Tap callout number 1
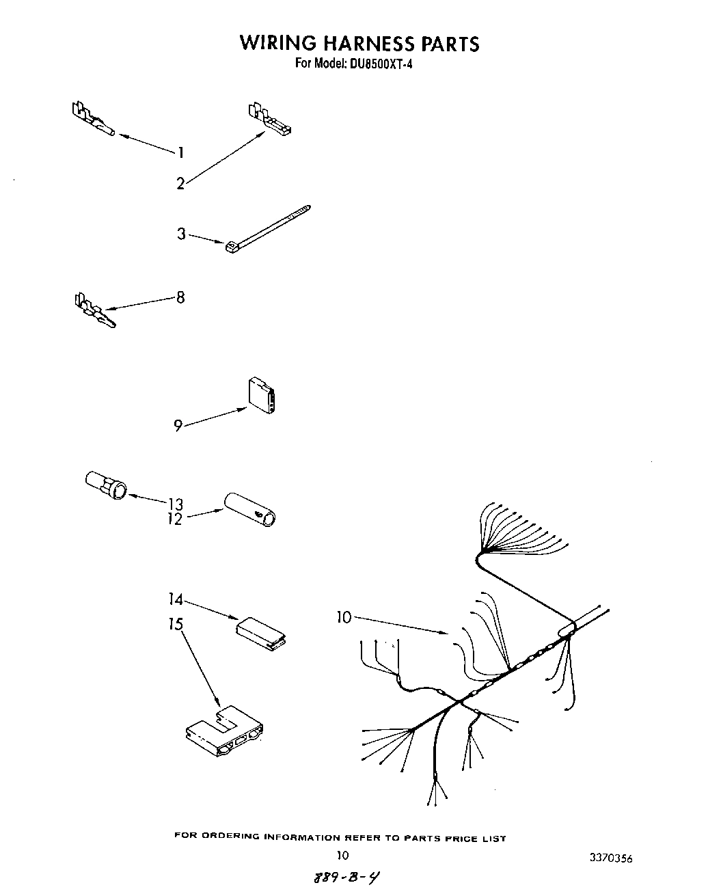[180, 152]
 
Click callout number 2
[180, 183]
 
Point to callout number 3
[181, 234]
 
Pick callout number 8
[180, 297]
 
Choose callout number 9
[178, 426]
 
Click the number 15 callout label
[176, 624]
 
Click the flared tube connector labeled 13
[106, 484]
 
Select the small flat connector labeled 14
[262, 633]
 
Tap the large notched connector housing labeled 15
[224, 733]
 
